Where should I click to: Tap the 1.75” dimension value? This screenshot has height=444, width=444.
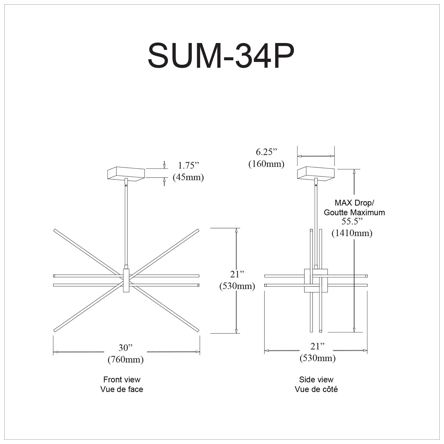[189, 165]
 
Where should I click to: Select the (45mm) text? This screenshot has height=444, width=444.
[188, 177]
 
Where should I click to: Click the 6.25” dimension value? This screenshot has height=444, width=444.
[267, 152]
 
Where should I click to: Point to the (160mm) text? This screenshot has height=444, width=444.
[266, 164]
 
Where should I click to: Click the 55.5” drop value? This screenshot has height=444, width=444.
[352, 221]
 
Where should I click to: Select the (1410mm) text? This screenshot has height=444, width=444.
[352, 233]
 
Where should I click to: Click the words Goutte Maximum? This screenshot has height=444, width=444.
[354, 212]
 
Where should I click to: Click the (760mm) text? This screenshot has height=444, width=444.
[125, 360]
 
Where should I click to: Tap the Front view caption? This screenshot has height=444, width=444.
[122, 379]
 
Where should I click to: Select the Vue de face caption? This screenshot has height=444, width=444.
[122, 389]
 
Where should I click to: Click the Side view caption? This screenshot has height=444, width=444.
[316, 379]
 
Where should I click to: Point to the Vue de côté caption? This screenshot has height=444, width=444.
[316, 389]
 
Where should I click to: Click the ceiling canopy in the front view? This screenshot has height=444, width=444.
[126, 174]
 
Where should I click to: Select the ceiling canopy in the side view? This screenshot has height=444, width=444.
[316, 174]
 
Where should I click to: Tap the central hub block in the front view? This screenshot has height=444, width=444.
[127, 280]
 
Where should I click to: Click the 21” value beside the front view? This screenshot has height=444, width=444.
[237, 274]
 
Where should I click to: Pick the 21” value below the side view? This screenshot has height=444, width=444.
[317, 346]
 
